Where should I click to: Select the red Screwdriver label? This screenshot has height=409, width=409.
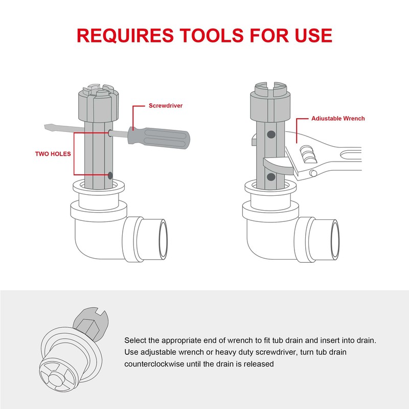166,106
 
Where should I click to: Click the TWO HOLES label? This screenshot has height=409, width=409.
53,153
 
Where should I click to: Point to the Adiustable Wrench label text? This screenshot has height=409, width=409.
338,119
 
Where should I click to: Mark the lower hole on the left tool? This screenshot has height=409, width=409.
111,175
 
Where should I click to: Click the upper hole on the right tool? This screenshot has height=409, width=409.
270,134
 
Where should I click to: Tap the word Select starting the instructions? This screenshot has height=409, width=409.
135,340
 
